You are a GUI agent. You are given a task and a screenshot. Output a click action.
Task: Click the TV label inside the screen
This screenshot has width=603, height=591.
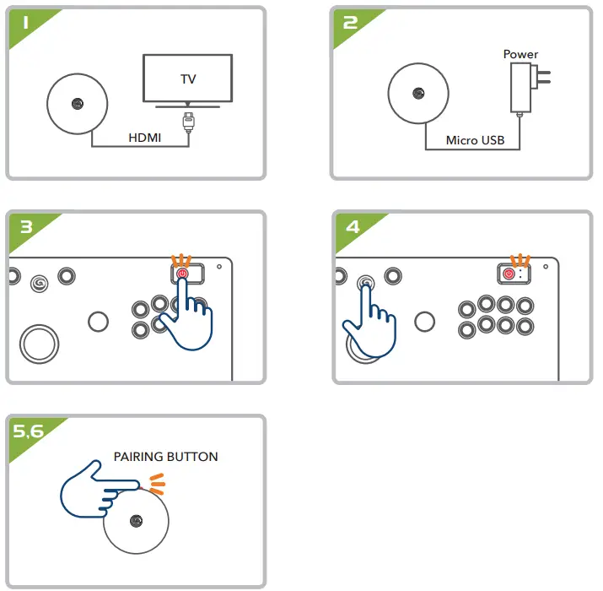pos(188,79)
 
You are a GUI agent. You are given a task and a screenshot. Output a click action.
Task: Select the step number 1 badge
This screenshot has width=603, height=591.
pos(25,24)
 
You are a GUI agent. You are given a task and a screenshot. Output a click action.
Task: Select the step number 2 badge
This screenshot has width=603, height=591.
pos(350,24)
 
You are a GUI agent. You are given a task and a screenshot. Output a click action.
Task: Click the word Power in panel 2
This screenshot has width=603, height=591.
pos(520,54)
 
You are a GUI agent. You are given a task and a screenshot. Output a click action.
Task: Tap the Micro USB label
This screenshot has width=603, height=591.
pos(475,140)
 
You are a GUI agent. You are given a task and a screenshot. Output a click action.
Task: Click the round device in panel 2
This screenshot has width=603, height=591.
pos(418,95)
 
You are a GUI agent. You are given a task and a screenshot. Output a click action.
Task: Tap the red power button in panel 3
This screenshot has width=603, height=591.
pos(182,274)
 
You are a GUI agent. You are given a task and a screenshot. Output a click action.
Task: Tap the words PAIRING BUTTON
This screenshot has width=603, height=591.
pos(165,457)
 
